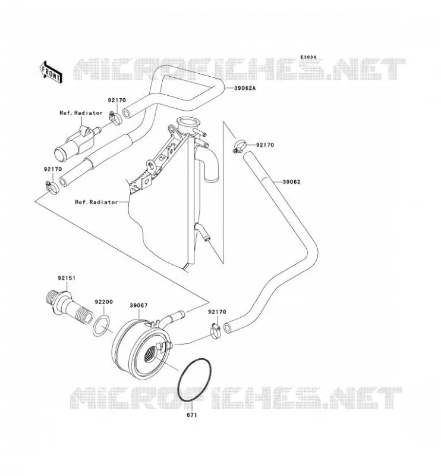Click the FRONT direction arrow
51,72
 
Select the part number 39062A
245,88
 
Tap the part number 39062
291,182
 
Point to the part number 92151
67,278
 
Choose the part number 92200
104,302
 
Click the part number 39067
138,305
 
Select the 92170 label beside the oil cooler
217,312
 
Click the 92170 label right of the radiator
265,145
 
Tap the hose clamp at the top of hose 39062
240,145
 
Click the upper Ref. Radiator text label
81,113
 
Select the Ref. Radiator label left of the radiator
96,202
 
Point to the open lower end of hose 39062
228,328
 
